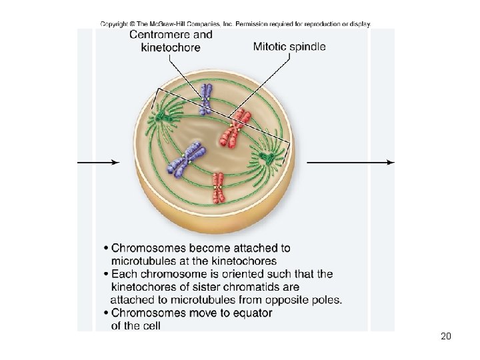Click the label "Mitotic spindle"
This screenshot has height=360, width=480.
(289, 47)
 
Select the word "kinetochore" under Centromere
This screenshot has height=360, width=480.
(171, 47)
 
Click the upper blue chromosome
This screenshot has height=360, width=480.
(207, 98)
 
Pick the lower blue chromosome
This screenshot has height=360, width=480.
(187, 160)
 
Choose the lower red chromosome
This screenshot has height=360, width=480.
(219, 188)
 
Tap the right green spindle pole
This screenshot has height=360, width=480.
(267, 158)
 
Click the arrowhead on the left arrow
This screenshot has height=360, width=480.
(115, 162)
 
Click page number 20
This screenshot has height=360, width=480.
(446, 336)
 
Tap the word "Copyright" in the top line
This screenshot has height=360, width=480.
(115, 24)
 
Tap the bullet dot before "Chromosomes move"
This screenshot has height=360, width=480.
(106, 313)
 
